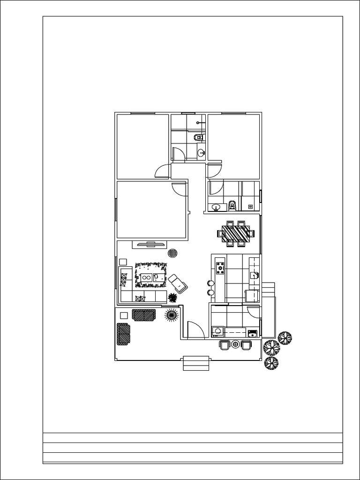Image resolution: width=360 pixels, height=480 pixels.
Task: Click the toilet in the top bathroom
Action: pos(199,137)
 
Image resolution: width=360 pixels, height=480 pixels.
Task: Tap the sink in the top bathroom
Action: pos(202,152)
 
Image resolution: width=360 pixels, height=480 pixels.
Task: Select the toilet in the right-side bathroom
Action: pos(232,205)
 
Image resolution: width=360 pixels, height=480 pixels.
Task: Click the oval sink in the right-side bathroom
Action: pos(216,207)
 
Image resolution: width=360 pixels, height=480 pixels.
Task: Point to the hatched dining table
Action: pos(236,232)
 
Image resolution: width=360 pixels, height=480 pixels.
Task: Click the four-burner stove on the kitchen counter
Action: pos(220,268)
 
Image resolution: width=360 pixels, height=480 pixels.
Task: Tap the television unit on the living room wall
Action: pos(150,244)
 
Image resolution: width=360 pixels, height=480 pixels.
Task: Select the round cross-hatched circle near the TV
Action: pos(173,253)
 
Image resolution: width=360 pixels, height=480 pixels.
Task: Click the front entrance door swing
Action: pos(194,330)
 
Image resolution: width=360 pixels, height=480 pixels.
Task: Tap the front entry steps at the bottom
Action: pos(195,363)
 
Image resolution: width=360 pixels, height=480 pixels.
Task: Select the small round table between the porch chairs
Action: pos(235,345)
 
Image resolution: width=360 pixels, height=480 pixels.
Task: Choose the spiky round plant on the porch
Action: pos(172,315)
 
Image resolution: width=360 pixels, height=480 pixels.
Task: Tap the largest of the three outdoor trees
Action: pos(271,347)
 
